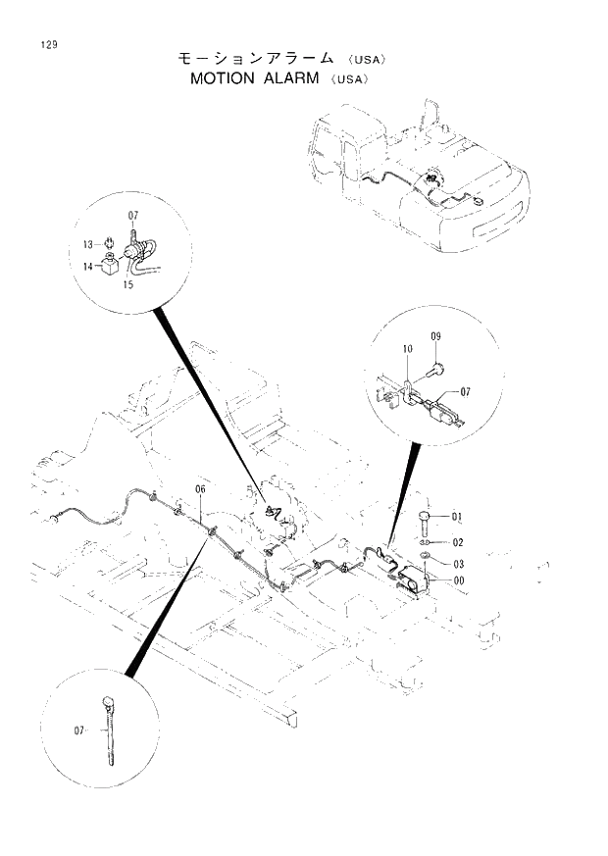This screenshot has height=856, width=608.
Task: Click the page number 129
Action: tap(47, 43)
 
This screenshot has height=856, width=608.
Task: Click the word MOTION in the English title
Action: tap(224, 79)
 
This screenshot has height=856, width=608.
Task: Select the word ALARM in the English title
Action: tap(290, 79)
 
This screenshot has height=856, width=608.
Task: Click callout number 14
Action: tap(88, 266)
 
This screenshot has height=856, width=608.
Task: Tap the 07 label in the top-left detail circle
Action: tap(133, 215)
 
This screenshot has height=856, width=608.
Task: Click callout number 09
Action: tap(436, 337)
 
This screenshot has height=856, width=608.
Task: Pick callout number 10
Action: tap(407, 349)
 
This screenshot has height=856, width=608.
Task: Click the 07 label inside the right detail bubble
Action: tap(465, 391)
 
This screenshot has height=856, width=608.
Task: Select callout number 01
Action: tap(457, 517)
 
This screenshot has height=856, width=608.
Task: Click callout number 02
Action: tap(457, 541)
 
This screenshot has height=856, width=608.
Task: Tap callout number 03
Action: tap(457, 563)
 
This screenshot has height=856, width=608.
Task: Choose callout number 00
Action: tap(457, 579)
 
